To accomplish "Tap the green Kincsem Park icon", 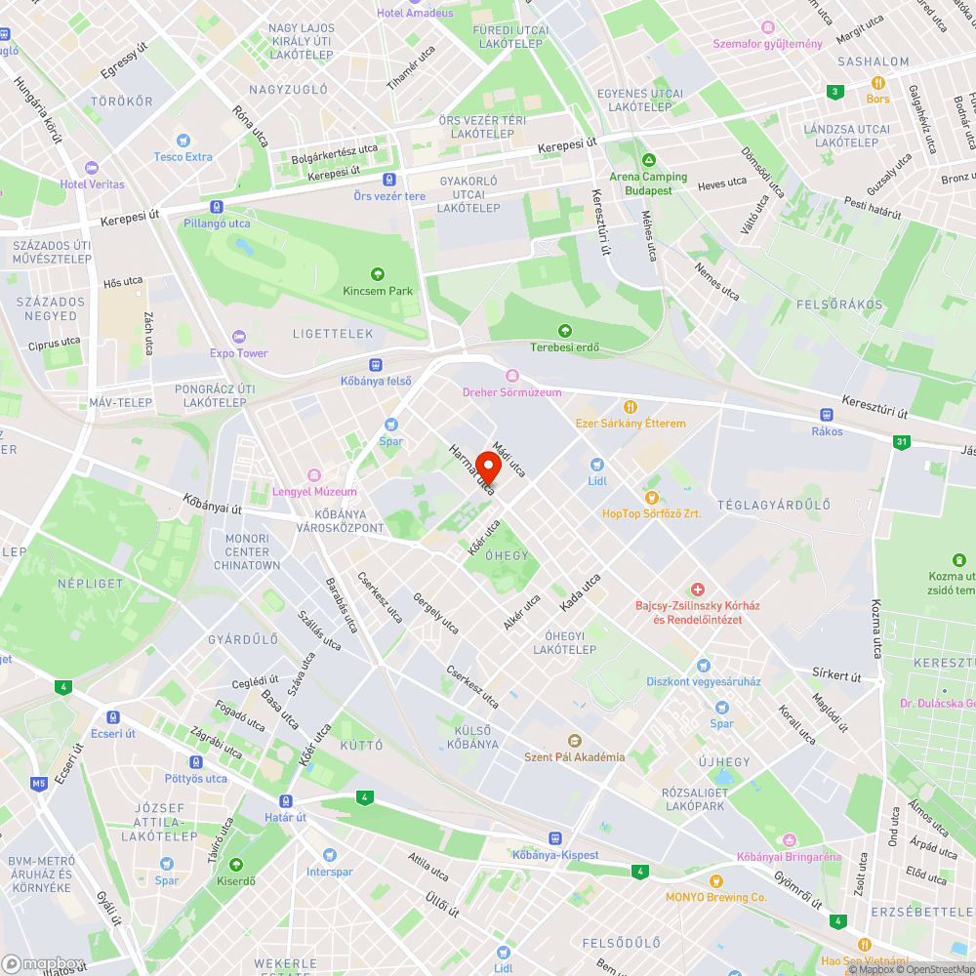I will pos(378,274).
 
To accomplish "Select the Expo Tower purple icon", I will pos(239,337).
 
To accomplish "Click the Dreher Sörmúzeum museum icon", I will pos(512,376).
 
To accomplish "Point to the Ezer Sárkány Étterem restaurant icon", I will pos(630,406).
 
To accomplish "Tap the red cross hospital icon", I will pos(697,590).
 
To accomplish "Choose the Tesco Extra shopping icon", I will pos(183,141).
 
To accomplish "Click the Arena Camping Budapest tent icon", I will pos(647,160).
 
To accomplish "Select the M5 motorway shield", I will pos(39,783).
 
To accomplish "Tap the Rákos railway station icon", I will pos(826,414).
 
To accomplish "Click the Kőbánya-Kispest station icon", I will pos(554,838).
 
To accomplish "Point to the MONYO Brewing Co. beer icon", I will pos(716,880).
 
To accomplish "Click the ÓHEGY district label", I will pos(507,555).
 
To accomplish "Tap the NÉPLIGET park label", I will pos(91,583).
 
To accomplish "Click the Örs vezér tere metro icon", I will pos(389,180).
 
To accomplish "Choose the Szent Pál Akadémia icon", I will pos(574,740).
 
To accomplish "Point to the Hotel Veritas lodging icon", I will pos(92,167).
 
